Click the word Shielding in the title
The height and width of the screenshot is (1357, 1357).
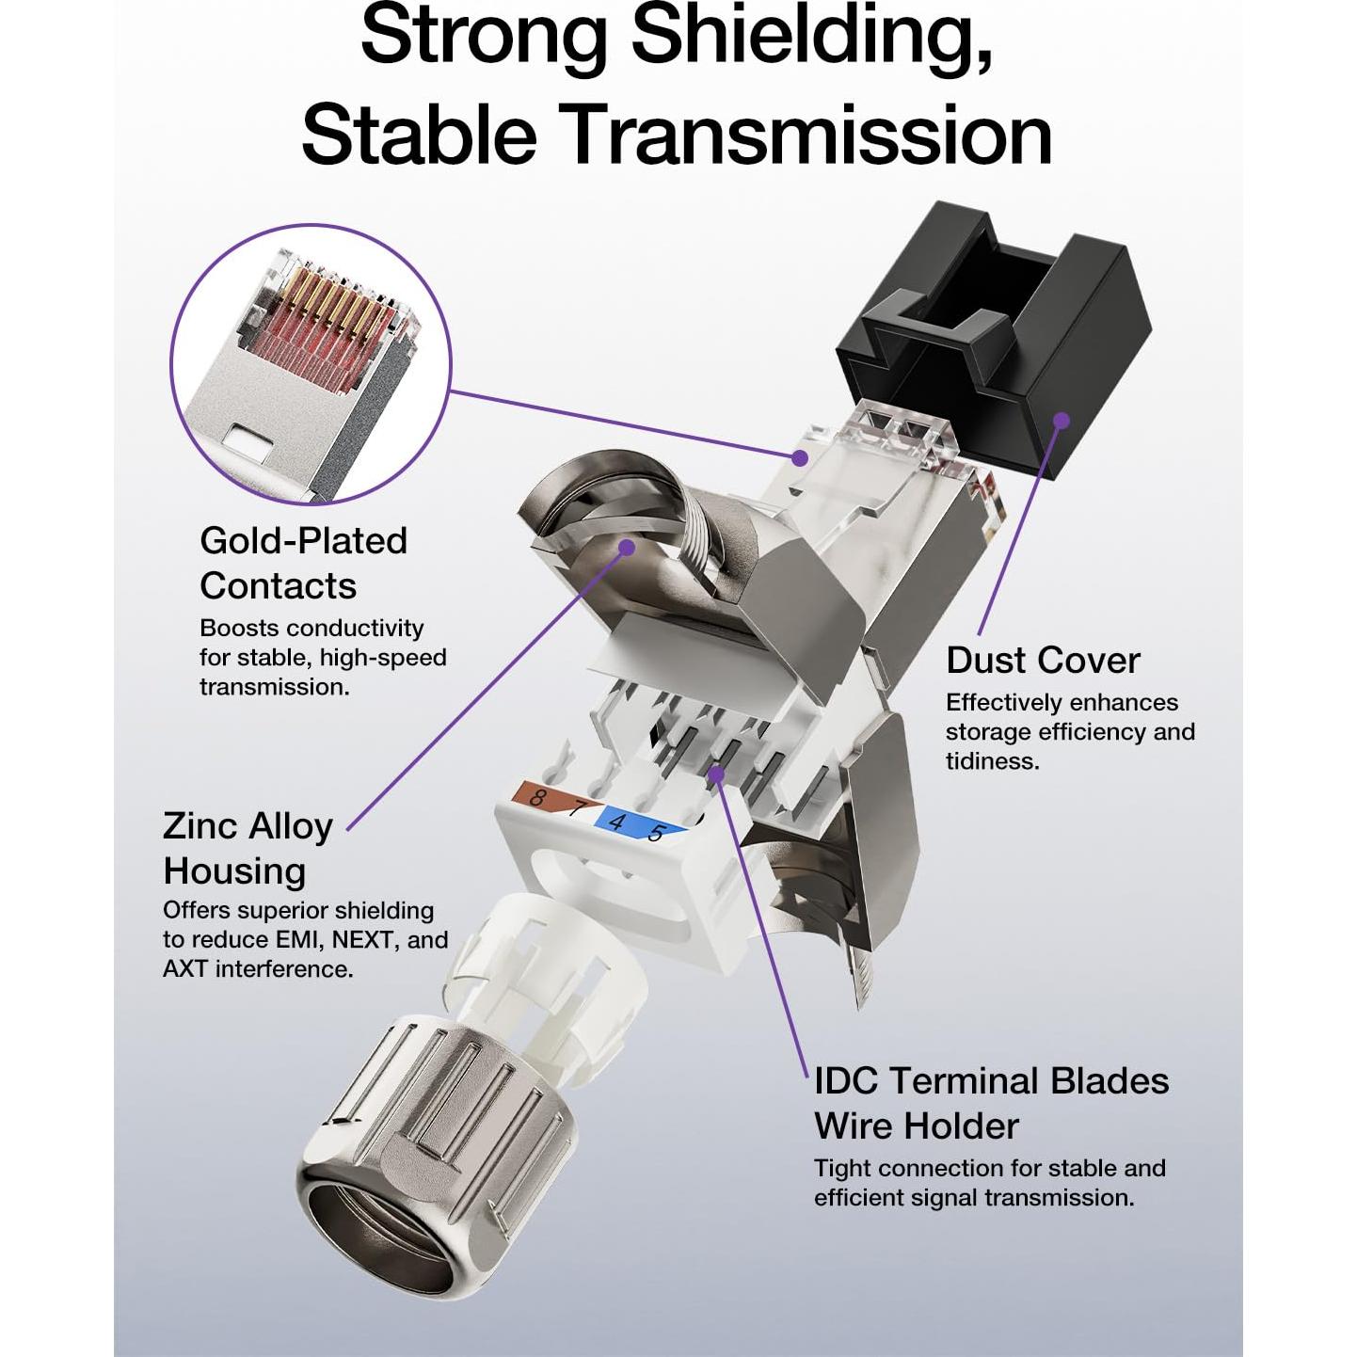pyautogui.click(x=811, y=36)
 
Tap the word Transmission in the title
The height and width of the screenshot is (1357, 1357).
pyautogui.click(x=807, y=135)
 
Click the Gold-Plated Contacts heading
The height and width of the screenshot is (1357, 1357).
pyautogui.click(x=303, y=563)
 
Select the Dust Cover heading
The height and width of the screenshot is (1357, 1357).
pyautogui.click(x=1043, y=661)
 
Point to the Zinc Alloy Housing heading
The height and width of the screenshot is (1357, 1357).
pyautogui.click(x=247, y=848)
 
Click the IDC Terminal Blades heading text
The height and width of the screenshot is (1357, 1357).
pyautogui.click(x=991, y=1081)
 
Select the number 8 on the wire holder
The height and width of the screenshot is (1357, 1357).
pyautogui.click(x=536, y=798)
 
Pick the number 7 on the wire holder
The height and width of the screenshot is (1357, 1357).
pyautogui.click(x=576, y=807)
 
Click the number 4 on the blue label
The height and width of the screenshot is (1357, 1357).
pyautogui.click(x=616, y=822)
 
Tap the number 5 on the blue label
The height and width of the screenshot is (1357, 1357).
pyautogui.click(x=656, y=832)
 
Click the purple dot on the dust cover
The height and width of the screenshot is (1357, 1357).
pyautogui.click(x=1061, y=420)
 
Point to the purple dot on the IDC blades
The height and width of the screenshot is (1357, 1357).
pyautogui.click(x=716, y=774)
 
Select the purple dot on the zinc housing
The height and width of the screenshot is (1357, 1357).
pyautogui.click(x=626, y=547)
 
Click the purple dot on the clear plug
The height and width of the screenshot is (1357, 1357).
pyautogui.click(x=799, y=457)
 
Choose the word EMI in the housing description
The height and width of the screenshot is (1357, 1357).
pyautogui.click(x=298, y=939)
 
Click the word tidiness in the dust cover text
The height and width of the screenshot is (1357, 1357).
pyautogui.click(x=992, y=760)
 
